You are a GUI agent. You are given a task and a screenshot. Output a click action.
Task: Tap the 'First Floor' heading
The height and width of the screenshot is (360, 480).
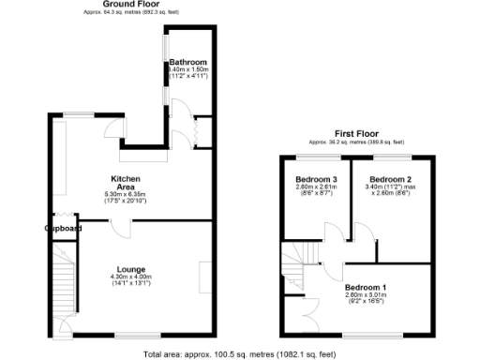356,133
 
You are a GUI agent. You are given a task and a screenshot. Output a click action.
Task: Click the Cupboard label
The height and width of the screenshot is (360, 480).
63,228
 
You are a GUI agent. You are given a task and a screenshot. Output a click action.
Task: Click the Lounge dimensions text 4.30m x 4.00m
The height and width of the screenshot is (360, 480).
130,277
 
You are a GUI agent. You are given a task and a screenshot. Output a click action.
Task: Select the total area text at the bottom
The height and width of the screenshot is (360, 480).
240,354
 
